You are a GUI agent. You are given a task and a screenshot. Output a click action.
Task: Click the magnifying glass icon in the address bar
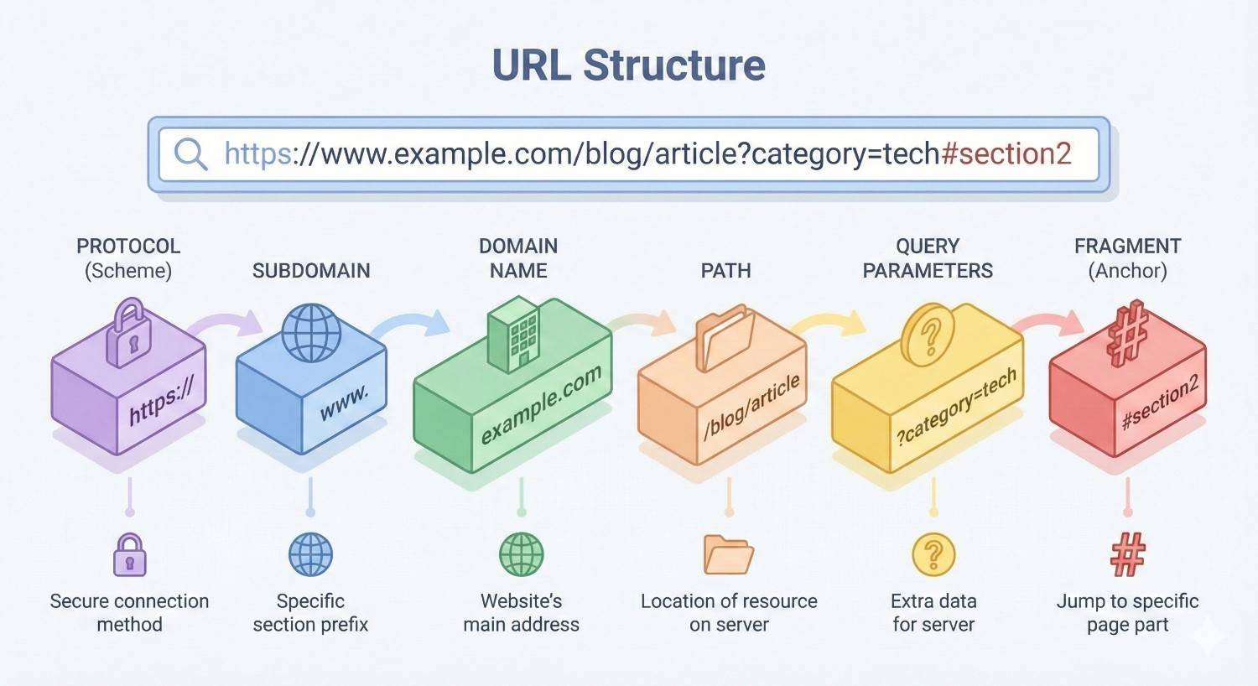click(190, 154)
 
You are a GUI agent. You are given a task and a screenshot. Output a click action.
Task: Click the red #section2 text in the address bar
click(1006, 153)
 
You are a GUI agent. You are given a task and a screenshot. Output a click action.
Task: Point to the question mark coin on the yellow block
click(928, 335)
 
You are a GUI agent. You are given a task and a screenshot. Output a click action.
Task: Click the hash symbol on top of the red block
click(1127, 333)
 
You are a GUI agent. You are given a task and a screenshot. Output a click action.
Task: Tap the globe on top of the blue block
click(311, 332)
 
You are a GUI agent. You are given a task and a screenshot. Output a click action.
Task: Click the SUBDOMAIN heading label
click(311, 271)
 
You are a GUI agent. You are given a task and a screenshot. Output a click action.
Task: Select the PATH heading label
click(726, 271)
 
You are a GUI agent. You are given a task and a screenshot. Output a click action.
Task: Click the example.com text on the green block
click(541, 405)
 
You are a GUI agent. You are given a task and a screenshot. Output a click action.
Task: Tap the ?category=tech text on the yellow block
click(956, 406)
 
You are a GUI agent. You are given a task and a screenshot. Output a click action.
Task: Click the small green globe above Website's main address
click(522, 555)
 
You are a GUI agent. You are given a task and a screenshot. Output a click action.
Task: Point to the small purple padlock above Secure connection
click(130, 555)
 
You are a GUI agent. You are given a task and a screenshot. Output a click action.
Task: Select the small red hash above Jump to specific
click(1128, 555)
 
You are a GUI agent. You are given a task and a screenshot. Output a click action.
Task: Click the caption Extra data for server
click(933, 613)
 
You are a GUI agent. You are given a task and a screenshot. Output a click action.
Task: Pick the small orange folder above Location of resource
click(728, 555)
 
